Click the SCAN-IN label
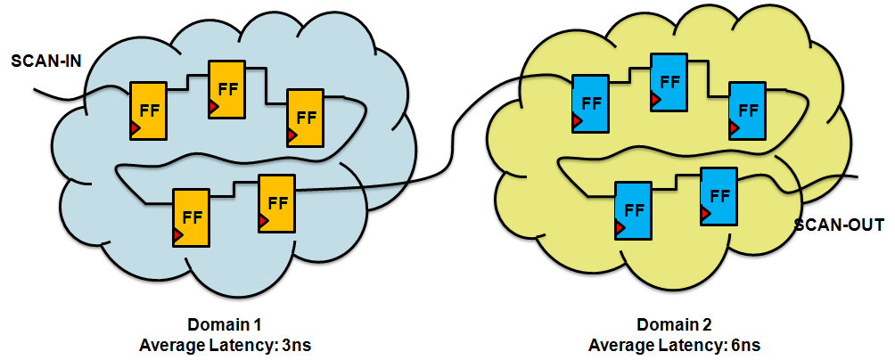[45, 61]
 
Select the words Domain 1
[225, 325]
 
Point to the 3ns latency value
[293, 343]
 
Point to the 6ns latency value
[743, 343]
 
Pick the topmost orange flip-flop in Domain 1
[226, 90]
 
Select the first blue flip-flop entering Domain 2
[590, 103]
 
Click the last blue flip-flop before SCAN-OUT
[718, 195]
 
